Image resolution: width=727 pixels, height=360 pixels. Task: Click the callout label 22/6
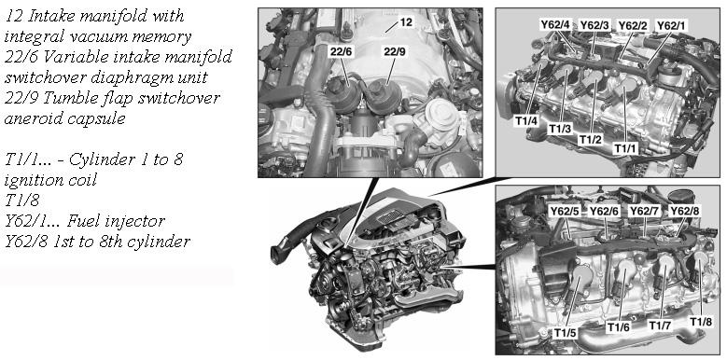[342, 52]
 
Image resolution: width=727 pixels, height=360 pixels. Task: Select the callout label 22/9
[395, 52]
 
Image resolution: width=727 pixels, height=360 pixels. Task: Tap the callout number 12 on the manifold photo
[406, 21]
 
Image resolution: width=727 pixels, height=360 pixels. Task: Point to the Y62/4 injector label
[555, 24]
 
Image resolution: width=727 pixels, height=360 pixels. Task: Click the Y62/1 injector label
[670, 25]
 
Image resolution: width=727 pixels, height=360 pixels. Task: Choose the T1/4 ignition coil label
[526, 121]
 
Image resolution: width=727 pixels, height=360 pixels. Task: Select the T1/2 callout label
[590, 139]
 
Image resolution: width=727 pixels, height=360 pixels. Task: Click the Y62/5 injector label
[565, 212]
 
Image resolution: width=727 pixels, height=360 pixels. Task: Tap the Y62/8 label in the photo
[684, 212]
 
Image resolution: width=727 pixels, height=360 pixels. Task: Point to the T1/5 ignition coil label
[566, 332]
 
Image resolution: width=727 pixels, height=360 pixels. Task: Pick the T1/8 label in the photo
[701, 322]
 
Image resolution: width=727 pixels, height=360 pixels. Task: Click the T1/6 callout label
[619, 327]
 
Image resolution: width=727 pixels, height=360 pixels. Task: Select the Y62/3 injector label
[594, 24]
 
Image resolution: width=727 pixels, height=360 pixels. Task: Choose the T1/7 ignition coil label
[659, 325]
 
